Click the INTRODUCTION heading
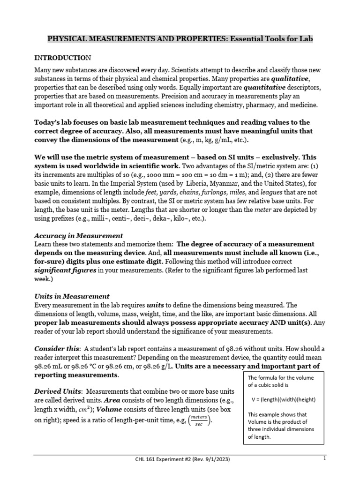click(63, 58)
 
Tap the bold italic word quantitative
click(247, 89)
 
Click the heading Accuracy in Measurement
click(79, 235)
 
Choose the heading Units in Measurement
click(72, 296)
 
